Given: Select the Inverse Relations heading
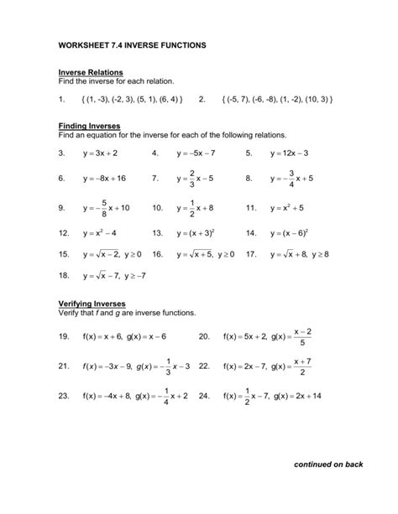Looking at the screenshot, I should click(x=91, y=73).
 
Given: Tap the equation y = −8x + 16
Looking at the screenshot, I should click(x=104, y=179).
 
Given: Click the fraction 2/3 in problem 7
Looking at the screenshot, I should click(x=192, y=179).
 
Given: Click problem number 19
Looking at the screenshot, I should click(x=63, y=336).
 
